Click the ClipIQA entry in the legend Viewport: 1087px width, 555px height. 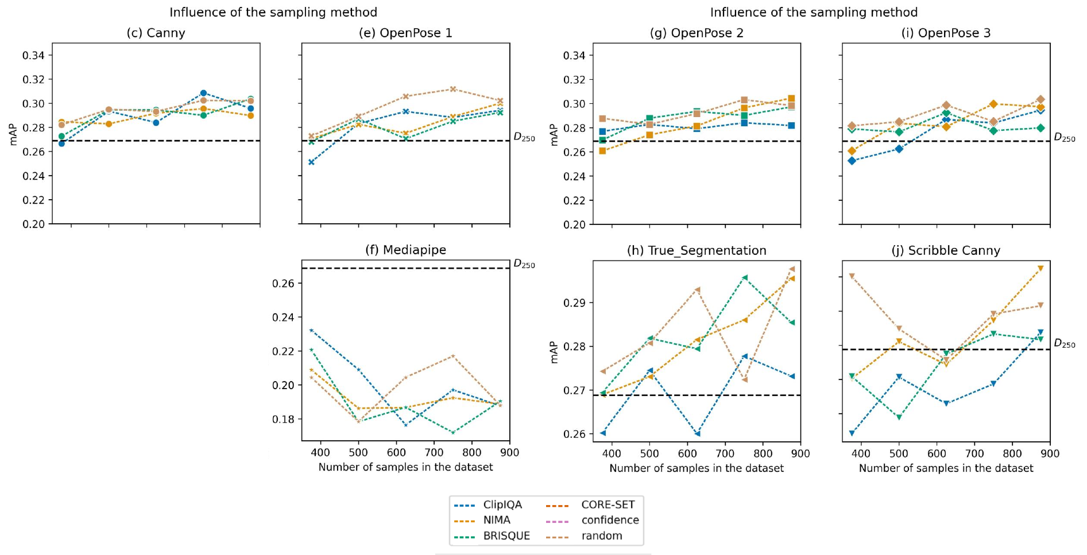(x=502, y=505)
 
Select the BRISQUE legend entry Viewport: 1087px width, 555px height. (x=506, y=536)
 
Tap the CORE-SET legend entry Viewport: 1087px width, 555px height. (x=608, y=505)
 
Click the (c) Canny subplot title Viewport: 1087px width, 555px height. (x=156, y=33)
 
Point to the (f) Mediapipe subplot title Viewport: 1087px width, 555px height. (x=405, y=250)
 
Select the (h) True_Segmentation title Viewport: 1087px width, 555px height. (x=697, y=251)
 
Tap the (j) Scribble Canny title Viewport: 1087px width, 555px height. (x=946, y=251)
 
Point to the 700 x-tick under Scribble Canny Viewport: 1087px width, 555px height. (x=974, y=453)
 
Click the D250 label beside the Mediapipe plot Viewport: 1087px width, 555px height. (x=524, y=265)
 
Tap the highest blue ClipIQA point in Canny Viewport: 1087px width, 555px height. (x=203, y=93)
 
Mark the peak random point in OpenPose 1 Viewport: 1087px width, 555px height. (x=453, y=89)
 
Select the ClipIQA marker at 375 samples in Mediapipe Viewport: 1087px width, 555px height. (x=311, y=331)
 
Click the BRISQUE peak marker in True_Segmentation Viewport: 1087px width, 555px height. (x=745, y=278)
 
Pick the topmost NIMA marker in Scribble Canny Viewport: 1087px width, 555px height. (x=1040, y=269)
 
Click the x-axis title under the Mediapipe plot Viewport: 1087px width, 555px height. (x=405, y=467)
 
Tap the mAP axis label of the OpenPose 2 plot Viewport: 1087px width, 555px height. (x=555, y=135)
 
